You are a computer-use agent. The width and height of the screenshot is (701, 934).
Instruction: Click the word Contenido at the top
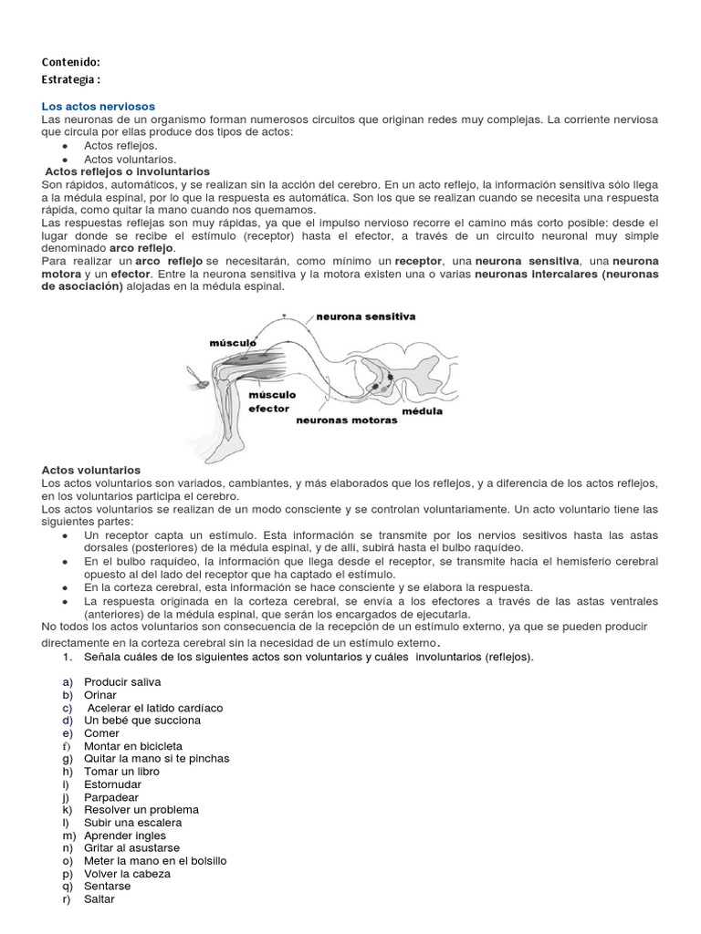pos(70,62)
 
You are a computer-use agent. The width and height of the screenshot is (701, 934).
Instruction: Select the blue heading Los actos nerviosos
pos(99,107)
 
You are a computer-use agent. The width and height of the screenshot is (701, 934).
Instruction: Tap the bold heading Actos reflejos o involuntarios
pos(128,171)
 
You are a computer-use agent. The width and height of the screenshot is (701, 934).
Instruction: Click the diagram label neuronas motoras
pos(346,420)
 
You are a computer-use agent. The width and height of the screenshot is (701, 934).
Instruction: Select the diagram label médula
pos(423,410)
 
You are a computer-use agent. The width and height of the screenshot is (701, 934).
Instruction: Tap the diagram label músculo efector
pos(271,402)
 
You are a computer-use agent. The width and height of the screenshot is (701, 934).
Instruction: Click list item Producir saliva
pos(122,682)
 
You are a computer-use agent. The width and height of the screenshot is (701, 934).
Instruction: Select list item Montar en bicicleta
pos(132,746)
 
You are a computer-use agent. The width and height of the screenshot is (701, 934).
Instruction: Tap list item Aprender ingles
pos(125,835)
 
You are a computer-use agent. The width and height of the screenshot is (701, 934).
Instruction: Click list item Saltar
pos(99,899)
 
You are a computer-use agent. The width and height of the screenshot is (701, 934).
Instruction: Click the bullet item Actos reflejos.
pos(120,145)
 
